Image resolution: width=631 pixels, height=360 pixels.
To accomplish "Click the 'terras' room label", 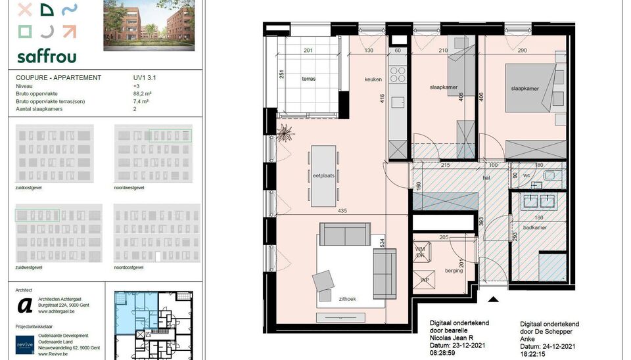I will (x=308, y=79).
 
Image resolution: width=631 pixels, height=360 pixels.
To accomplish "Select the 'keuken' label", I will (x=373, y=79).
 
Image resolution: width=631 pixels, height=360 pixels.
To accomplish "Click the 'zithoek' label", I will (x=348, y=299).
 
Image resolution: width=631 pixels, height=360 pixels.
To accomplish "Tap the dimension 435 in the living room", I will (x=342, y=211).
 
